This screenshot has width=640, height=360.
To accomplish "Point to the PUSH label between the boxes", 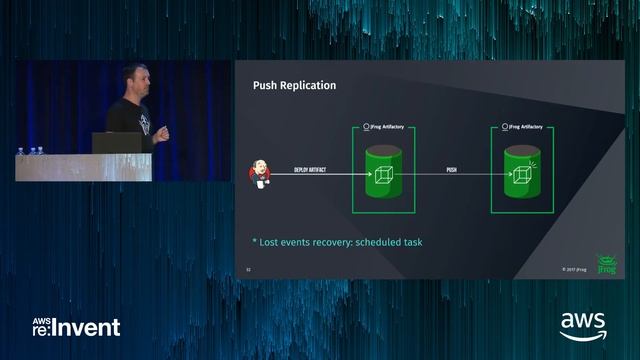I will click(x=452, y=171).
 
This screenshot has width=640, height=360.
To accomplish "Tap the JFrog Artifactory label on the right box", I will click(x=520, y=127).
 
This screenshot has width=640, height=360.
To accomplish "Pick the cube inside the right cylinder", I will click(x=520, y=176).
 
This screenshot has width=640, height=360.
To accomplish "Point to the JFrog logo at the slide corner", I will click(x=604, y=264).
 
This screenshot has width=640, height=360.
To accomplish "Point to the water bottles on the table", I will click(x=32, y=151).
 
